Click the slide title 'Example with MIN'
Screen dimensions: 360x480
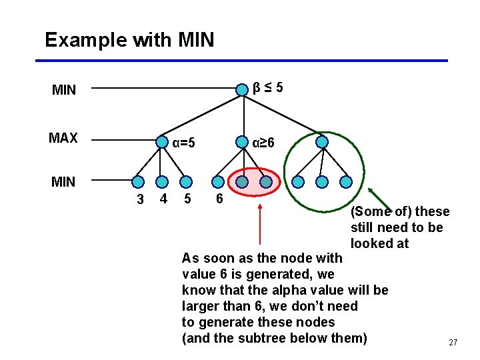pos(129,40)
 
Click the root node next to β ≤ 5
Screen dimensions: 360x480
pos(242,87)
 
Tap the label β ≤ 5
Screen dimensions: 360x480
pos(267,87)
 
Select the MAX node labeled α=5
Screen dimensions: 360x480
pos(161,142)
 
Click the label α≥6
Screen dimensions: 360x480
pos(263,142)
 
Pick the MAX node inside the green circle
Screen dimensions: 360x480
pos(322,142)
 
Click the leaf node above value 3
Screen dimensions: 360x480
pos(138,181)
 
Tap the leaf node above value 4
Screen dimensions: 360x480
pos(161,181)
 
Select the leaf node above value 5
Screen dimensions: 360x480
pos(186,181)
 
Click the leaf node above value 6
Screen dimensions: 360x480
pos(218,181)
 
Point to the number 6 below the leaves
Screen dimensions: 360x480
pos(219,199)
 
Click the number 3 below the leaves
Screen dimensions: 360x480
pos(140,199)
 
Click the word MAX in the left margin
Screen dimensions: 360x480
pos(63,139)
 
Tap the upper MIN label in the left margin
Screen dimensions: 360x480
pos(64,90)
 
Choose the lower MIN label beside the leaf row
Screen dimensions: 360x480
pos(63,181)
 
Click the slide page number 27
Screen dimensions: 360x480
pos(453,342)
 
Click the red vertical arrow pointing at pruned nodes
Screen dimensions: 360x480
pos(259,223)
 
